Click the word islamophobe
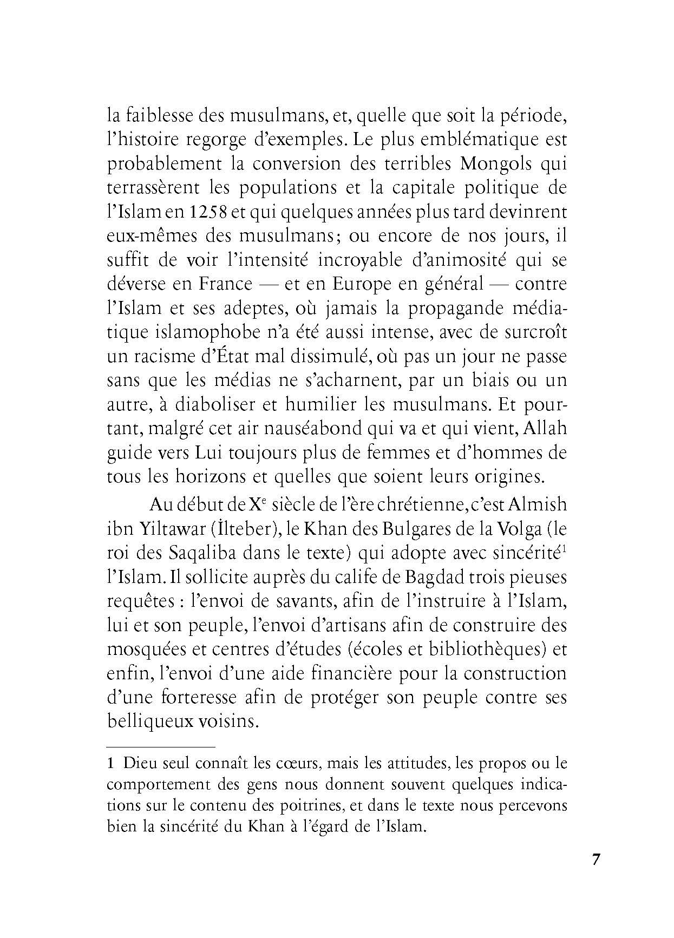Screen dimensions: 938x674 point(179,332)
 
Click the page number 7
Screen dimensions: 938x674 point(596,861)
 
